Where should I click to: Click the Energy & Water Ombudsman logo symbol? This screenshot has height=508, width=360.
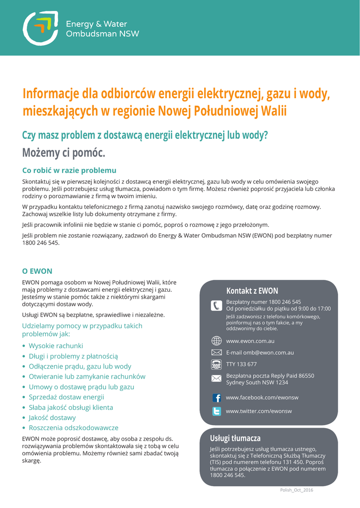pyautogui.click(x=41, y=28)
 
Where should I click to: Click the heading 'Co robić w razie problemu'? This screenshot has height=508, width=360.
pyautogui.click(x=70, y=170)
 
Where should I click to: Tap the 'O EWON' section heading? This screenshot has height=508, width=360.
pyautogui.click(x=37, y=271)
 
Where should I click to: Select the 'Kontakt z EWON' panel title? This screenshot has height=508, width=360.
pyautogui.click(x=252, y=291)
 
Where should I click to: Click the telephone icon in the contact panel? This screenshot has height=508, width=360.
pyautogui.click(x=216, y=305)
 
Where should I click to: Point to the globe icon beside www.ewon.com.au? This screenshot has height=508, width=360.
pyautogui.click(x=216, y=341)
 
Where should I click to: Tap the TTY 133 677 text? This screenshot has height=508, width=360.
pyautogui.click(x=241, y=364)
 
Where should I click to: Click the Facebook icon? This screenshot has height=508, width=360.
pyautogui.click(x=216, y=398)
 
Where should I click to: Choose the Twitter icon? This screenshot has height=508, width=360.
pyautogui.click(x=216, y=411)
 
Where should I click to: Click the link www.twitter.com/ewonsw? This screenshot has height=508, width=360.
pyautogui.click(x=259, y=411)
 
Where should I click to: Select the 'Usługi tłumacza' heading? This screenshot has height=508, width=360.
pyautogui.click(x=235, y=439)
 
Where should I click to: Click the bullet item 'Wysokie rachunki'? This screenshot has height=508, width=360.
pyautogui.click(x=56, y=346)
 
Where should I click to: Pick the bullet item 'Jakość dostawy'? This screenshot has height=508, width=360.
pyautogui.click(x=52, y=418)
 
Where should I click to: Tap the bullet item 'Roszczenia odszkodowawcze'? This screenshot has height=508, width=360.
pyautogui.click(x=73, y=428)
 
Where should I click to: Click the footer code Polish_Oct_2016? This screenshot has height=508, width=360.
pyautogui.click(x=296, y=490)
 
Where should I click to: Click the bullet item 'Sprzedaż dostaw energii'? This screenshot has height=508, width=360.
pyautogui.click(x=66, y=397)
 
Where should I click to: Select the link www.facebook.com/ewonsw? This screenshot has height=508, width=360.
pyautogui.click(x=262, y=398)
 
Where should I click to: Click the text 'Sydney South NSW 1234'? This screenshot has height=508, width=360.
pyautogui.click(x=257, y=382)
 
